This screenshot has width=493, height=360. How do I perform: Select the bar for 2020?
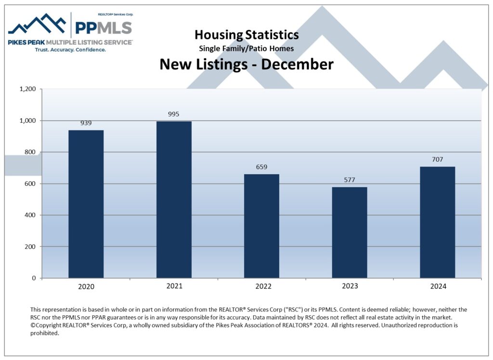[x=86, y=204]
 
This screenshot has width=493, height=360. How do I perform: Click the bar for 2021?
[x=174, y=200]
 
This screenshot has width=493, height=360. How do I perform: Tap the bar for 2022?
[x=261, y=226]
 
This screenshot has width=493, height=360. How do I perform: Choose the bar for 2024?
[x=437, y=222]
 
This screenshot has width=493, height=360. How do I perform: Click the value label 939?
[x=86, y=123]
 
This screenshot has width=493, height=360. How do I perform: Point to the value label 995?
[x=174, y=114]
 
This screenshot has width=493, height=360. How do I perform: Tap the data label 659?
[x=261, y=167]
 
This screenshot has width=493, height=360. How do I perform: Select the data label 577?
[x=350, y=180]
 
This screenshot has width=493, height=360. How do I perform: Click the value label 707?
[x=437, y=159]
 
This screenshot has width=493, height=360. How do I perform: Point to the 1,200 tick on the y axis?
[x=28, y=89]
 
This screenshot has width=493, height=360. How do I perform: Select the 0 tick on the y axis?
[x=34, y=278]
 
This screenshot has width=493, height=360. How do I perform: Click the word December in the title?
[x=297, y=64]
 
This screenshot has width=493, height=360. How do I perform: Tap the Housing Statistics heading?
[x=246, y=35]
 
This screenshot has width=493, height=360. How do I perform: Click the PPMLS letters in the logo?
[x=103, y=27]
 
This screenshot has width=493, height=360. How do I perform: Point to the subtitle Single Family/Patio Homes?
[x=246, y=49]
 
